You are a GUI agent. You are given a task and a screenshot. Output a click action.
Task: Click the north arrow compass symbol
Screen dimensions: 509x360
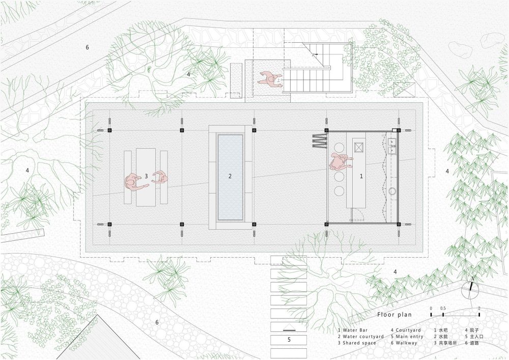click(x=470, y=289)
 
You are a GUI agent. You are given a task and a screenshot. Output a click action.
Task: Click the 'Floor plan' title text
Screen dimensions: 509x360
click(x=394, y=315)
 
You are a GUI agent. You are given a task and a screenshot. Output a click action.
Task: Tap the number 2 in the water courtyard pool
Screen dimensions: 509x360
click(x=230, y=176)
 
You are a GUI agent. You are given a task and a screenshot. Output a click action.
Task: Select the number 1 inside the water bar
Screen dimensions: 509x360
click(x=361, y=176)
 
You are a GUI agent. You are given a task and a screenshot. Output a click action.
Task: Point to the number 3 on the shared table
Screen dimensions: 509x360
click(x=146, y=176)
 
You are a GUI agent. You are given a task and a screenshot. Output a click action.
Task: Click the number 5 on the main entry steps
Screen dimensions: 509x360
click(x=289, y=340)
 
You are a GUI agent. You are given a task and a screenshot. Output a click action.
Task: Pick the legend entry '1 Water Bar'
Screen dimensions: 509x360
click(x=353, y=330)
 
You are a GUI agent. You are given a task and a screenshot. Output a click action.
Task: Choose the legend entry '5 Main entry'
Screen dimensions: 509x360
click(x=409, y=337)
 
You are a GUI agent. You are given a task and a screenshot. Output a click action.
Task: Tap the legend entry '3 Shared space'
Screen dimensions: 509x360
click(x=357, y=343)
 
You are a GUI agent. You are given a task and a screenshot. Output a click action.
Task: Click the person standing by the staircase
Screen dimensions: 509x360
click(x=270, y=79)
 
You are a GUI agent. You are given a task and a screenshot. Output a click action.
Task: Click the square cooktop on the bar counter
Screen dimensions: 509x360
click(x=359, y=147)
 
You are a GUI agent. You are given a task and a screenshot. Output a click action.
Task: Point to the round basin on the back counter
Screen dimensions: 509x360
click(x=392, y=191)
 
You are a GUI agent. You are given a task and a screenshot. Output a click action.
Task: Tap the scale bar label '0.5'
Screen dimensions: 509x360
click(x=443, y=309)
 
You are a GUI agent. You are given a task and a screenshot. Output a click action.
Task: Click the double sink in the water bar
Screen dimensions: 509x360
click(x=392, y=146)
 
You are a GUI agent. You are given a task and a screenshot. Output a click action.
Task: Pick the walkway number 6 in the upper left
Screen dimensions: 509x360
click(x=87, y=47)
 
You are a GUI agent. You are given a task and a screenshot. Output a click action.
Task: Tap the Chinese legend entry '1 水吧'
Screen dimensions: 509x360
click(x=441, y=330)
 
